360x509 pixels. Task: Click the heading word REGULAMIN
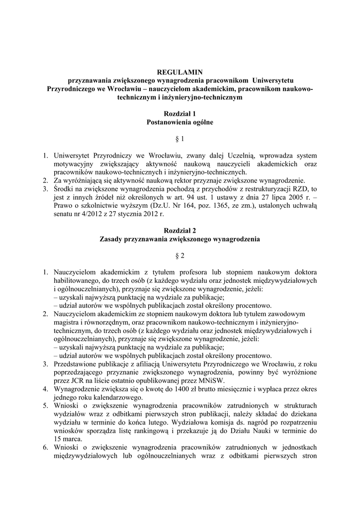(x=180, y=72)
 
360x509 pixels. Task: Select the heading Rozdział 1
(x=180, y=114)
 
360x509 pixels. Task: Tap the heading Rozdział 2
(x=180, y=231)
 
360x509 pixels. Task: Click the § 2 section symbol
(x=180, y=255)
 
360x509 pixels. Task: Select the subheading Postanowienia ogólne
(x=180, y=122)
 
